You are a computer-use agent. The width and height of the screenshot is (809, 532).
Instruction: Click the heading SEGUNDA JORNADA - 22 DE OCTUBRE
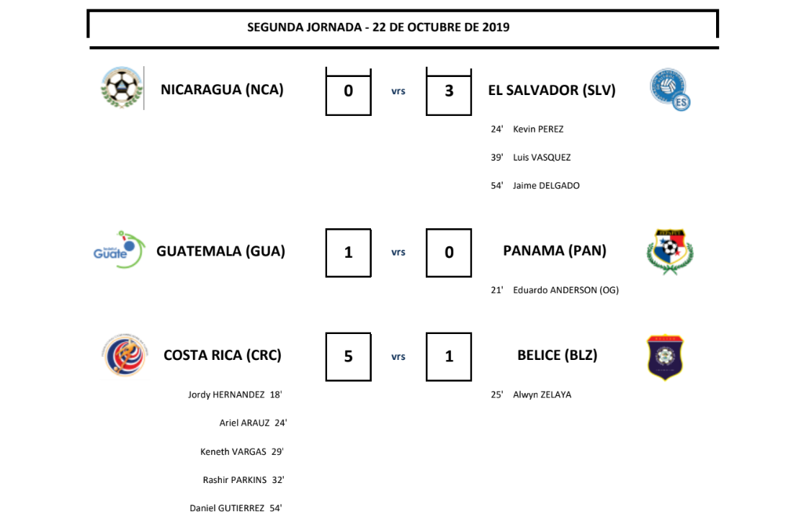(x=378, y=27)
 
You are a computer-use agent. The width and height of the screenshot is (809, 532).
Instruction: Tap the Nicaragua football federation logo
(x=122, y=88)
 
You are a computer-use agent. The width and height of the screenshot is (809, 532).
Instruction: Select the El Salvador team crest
(x=670, y=89)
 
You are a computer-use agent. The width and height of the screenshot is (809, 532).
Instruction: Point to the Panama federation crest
(x=669, y=252)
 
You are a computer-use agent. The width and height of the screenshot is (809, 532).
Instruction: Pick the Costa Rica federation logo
(x=125, y=355)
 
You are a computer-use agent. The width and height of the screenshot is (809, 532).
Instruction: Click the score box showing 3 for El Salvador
(x=449, y=91)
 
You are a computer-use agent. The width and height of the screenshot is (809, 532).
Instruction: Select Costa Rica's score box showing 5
(x=349, y=356)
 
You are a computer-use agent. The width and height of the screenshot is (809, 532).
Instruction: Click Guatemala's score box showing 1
(x=349, y=253)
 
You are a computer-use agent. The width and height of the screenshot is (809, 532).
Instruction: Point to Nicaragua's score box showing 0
(x=349, y=91)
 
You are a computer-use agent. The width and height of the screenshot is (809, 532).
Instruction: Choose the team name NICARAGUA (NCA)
(x=222, y=90)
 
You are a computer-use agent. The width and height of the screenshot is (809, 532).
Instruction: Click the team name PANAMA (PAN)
(x=555, y=251)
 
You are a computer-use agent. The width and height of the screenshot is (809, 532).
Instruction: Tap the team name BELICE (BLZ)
(x=557, y=355)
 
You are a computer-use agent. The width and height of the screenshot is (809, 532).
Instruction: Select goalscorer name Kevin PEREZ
(x=538, y=130)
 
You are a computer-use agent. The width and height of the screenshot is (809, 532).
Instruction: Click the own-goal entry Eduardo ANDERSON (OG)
(x=566, y=290)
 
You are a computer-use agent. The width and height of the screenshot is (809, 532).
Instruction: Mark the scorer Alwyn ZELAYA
(x=542, y=395)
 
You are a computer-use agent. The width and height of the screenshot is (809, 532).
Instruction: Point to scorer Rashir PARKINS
(x=235, y=480)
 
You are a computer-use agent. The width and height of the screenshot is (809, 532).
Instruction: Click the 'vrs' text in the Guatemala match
(x=398, y=253)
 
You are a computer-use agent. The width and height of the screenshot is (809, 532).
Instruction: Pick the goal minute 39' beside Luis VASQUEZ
(x=496, y=158)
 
